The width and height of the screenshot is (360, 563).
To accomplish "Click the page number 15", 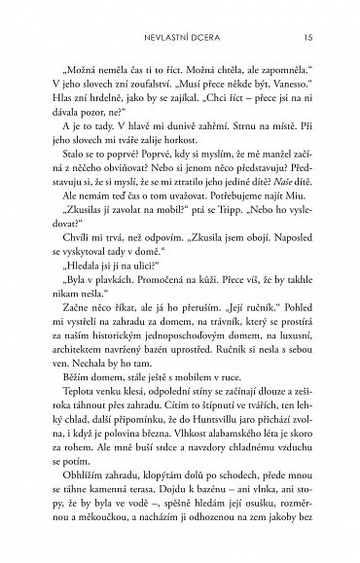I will pos(306,37).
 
